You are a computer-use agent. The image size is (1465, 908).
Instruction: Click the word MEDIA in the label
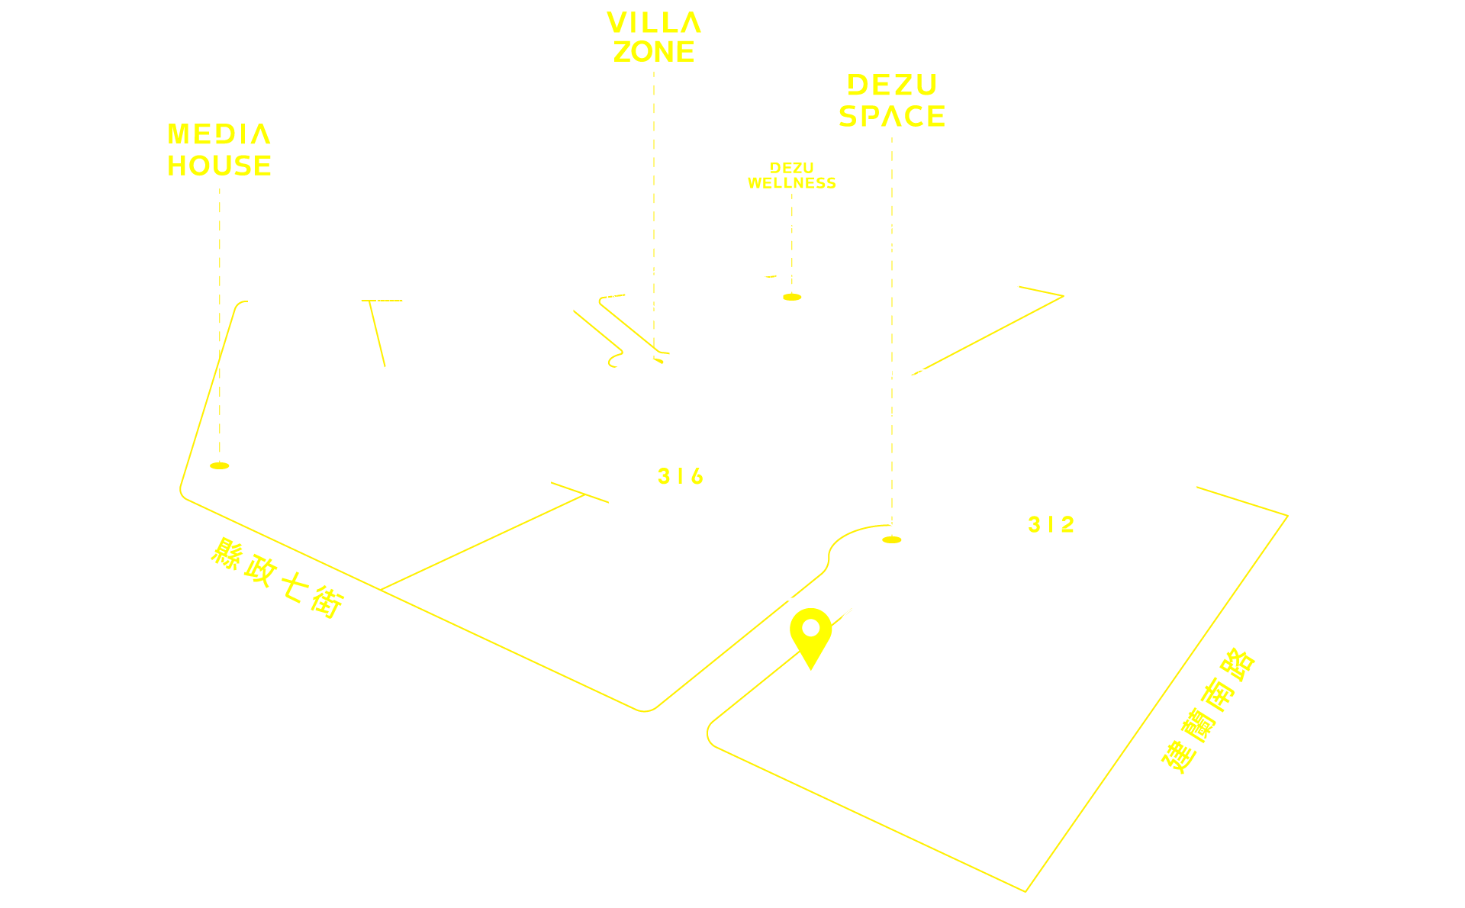click(x=219, y=134)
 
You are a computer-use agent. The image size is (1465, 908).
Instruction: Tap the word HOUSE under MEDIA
click(x=219, y=166)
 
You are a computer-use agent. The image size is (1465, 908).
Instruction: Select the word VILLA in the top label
click(x=654, y=23)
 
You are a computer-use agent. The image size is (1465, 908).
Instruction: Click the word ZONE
click(x=654, y=52)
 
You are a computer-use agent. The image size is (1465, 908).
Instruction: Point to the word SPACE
click(x=892, y=116)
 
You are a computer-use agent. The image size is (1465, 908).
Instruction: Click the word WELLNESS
click(x=792, y=183)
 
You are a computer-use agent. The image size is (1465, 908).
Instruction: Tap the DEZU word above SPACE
click(x=892, y=85)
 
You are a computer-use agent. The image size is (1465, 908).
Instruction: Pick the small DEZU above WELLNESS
click(x=792, y=168)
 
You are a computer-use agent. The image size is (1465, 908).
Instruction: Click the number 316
click(x=681, y=476)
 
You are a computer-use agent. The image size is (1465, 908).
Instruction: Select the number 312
click(x=1051, y=524)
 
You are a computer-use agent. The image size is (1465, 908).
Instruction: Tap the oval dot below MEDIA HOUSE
click(x=220, y=465)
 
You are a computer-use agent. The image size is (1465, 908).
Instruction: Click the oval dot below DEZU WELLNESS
click(x=792, y=297)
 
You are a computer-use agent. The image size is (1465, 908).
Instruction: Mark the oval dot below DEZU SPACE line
click(x=892, y=539)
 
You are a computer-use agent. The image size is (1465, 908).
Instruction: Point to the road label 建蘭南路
click(x=1209, y=711)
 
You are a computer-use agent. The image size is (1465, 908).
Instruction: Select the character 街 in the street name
click(x=328, y=602)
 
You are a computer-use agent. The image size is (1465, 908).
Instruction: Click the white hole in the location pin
click(x=810, y=629)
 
